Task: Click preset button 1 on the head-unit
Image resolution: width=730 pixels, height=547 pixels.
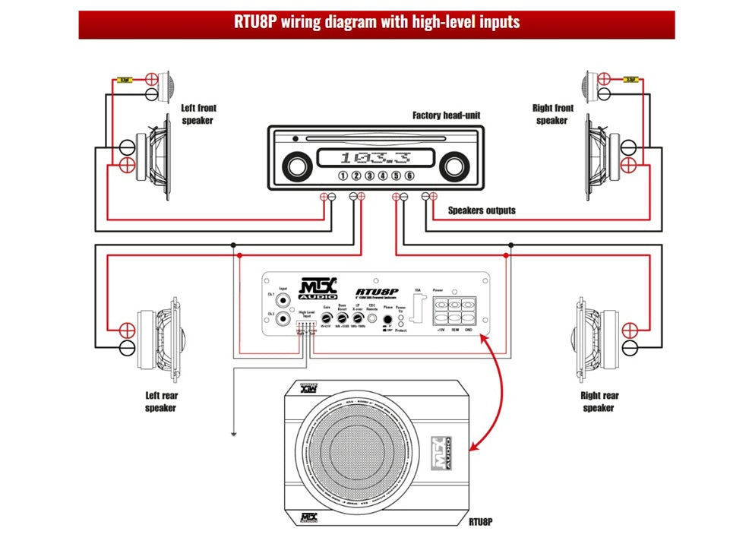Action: [343, 176]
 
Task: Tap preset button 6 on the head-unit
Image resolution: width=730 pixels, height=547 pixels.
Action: [409, 176]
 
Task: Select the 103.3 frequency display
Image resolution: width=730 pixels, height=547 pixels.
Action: [375, 158]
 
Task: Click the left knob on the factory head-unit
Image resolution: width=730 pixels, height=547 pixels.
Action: [298, 164]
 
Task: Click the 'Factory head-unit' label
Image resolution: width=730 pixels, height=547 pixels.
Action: [446, 115]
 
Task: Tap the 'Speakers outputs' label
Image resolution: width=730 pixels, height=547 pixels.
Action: [482, 210]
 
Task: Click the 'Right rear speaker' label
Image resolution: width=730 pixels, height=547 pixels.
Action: [599, 401]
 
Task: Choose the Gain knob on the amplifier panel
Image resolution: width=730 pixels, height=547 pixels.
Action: [326, 321]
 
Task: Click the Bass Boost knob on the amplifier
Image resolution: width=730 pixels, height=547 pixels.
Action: [343, 321]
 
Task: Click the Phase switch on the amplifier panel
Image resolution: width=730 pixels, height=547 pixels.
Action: [388, 320]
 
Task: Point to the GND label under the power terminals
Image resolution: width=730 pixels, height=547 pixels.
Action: [469, 330]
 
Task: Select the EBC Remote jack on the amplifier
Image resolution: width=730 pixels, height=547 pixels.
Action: [372, 321]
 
